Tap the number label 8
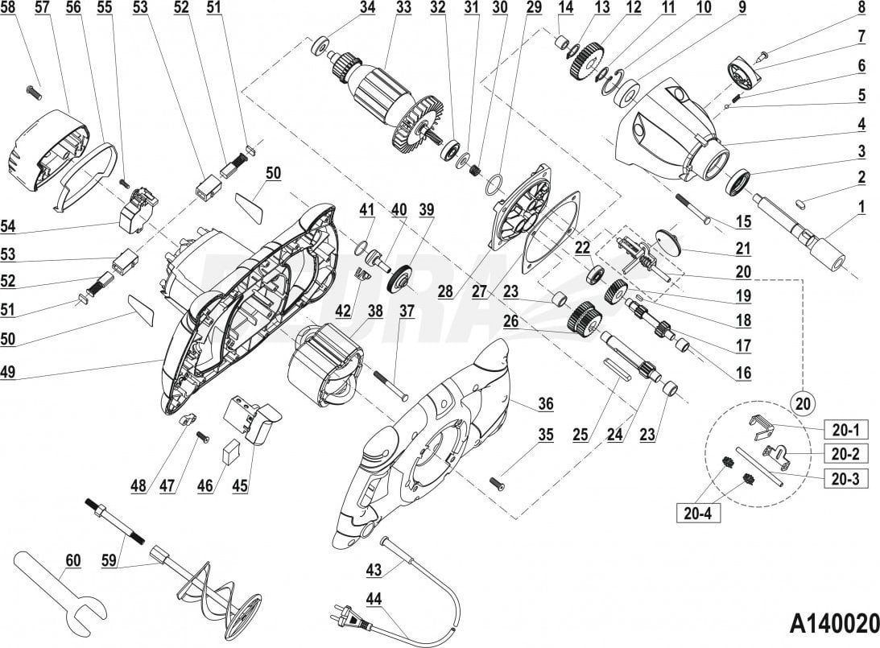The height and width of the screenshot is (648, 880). (x=861, y=8)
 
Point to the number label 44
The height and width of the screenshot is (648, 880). (x=374, y=598)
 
